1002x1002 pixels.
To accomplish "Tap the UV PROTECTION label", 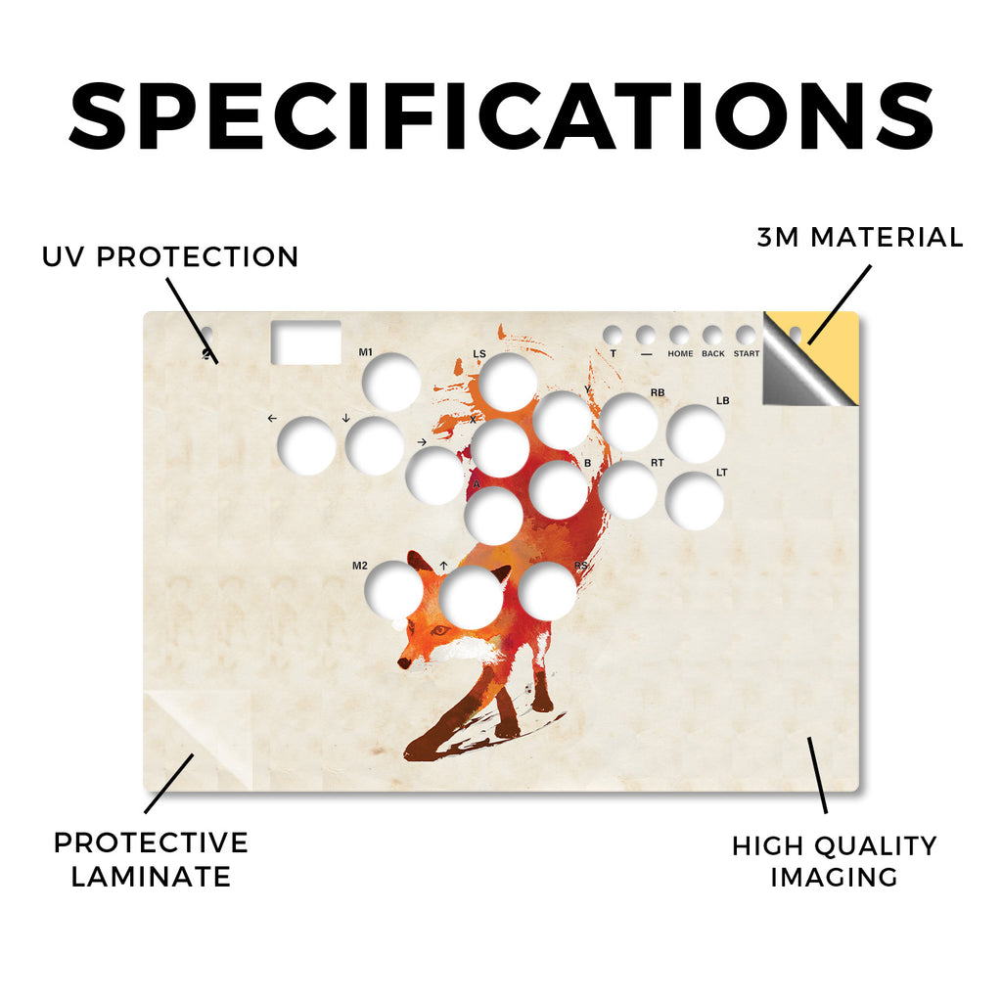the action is (x=170, y=257).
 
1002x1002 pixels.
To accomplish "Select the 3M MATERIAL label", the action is (x=860, y=237).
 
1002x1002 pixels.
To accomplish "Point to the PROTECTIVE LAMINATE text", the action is (x=151, y=859).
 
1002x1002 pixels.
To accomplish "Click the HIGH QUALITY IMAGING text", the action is (x=834, y=861).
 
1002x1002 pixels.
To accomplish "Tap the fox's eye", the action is (x=438, y=631).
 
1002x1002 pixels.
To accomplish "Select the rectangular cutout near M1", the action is (x=306, y=342).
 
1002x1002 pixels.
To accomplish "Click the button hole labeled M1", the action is (x=391, y=383).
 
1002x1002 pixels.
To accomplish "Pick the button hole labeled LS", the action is (x=508, y=383).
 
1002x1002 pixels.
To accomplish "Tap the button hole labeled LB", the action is (x=696, y=433).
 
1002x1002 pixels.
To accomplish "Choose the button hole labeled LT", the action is (x=695, y=501).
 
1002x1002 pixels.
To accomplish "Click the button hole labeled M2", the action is (x=392, y=590).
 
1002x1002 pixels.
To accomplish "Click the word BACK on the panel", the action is (x=713, y=353).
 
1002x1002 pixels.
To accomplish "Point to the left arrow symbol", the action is (x=272, y=419).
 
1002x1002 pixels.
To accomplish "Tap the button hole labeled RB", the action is (x=628, y=423).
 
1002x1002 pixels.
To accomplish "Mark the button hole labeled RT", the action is (x=627, y=490).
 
